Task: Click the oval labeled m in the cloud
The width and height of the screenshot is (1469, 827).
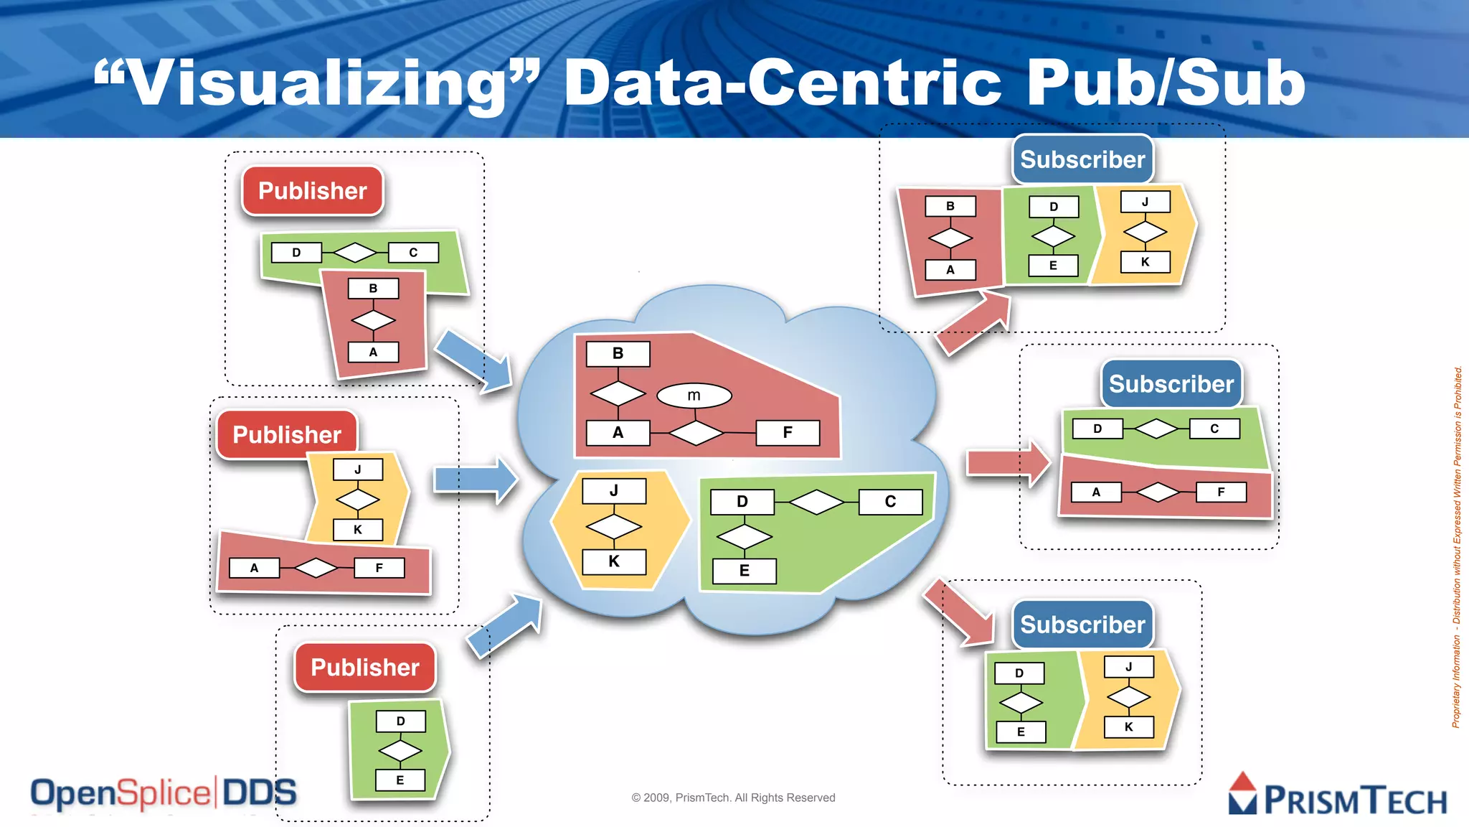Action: [x=694, y=396]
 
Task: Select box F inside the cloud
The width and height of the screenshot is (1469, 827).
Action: [x=788, y=433]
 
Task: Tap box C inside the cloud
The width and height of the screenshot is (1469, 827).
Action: [x=890, y=502]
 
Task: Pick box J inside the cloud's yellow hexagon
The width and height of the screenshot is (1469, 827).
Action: [x=614, y=491]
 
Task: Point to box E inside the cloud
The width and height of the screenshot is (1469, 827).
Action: [x=744, y=571]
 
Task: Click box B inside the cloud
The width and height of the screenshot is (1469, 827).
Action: [x=618, y=354]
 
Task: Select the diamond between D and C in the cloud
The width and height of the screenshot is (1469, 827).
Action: [x=816, y=502]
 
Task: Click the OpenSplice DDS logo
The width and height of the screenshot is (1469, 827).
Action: [x=164, y=794]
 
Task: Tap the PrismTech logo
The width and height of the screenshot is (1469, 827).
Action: [x=1338, y=796]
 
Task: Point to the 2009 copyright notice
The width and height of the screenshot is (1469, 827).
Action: [x=733, y=798]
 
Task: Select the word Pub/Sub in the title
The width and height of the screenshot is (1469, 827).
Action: [x=1166, y=83]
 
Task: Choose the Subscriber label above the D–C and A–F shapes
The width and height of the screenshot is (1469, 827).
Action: [x=1171, y=384]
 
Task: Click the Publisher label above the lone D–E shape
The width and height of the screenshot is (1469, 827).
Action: [x=365, y=668]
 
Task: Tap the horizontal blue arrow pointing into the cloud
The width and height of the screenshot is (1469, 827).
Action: [x=476, y=480]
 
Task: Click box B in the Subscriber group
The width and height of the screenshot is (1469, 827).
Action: [x=950, y=206]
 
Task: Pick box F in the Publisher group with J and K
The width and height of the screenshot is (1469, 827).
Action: [x=379, y=568]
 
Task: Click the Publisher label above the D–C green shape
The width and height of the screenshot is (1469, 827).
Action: [x=313, y=191]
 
